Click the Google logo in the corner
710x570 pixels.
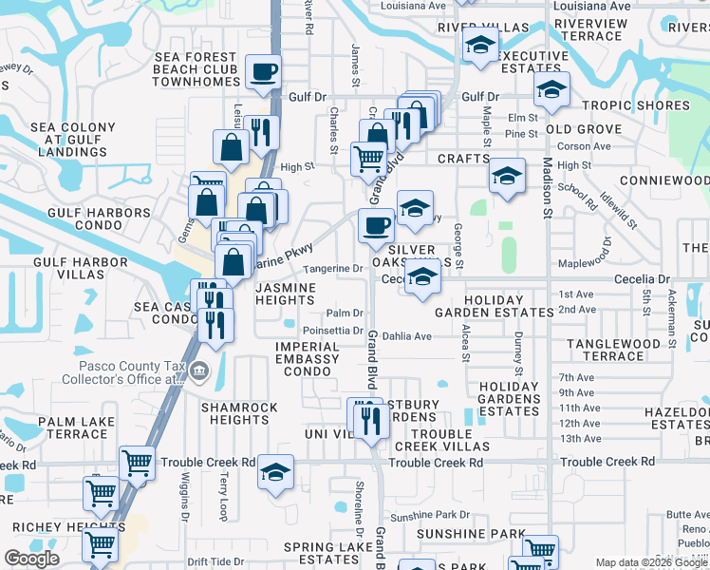point(31,559)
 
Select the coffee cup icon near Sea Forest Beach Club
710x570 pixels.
point(263,70)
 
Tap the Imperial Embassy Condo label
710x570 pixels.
point(306,359)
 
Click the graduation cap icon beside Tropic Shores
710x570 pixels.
point(550,89)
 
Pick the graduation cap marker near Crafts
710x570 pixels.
point(507,175)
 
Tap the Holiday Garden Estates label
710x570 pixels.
point(494,306)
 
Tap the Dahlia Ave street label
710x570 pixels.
point(408,336)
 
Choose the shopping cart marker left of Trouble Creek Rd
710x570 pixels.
point(138,463)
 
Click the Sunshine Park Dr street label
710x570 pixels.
point(429,515)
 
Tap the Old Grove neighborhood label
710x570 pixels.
point(583,129)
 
